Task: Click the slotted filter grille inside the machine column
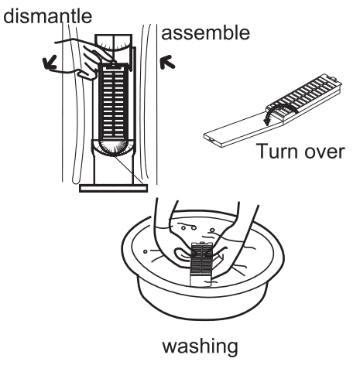pyautogui.click(x=112, y=101)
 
